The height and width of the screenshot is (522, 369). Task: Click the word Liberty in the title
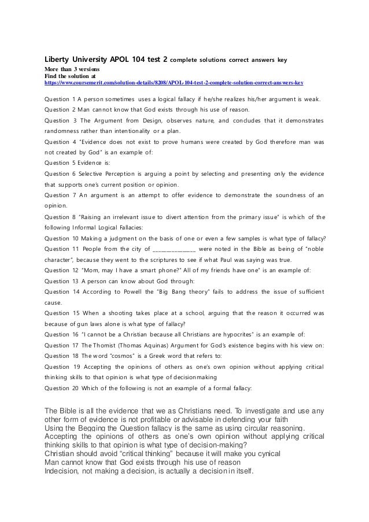pos(58,59)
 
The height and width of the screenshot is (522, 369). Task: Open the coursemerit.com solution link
pos(174,83)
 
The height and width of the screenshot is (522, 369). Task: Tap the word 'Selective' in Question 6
pos(90,173)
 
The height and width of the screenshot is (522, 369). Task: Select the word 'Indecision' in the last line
pos(64,469)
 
